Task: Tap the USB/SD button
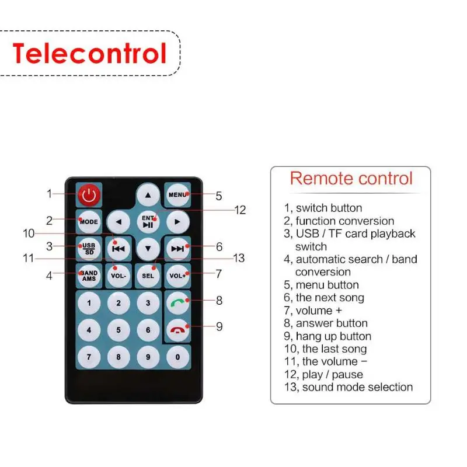pos(89,248)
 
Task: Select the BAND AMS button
pos(89,275)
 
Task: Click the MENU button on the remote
pos(177,194)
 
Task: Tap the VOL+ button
pos(177,276)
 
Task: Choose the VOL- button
pos(119,276)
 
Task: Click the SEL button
pos(148,276)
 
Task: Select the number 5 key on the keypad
pos(119,330)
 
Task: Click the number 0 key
pos(177,356)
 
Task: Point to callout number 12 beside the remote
pos(241,210)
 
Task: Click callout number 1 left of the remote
pos(50,194)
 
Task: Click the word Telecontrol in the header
pos(89,53)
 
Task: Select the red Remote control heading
pos(351,178)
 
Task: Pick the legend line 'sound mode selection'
pos(348,387)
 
